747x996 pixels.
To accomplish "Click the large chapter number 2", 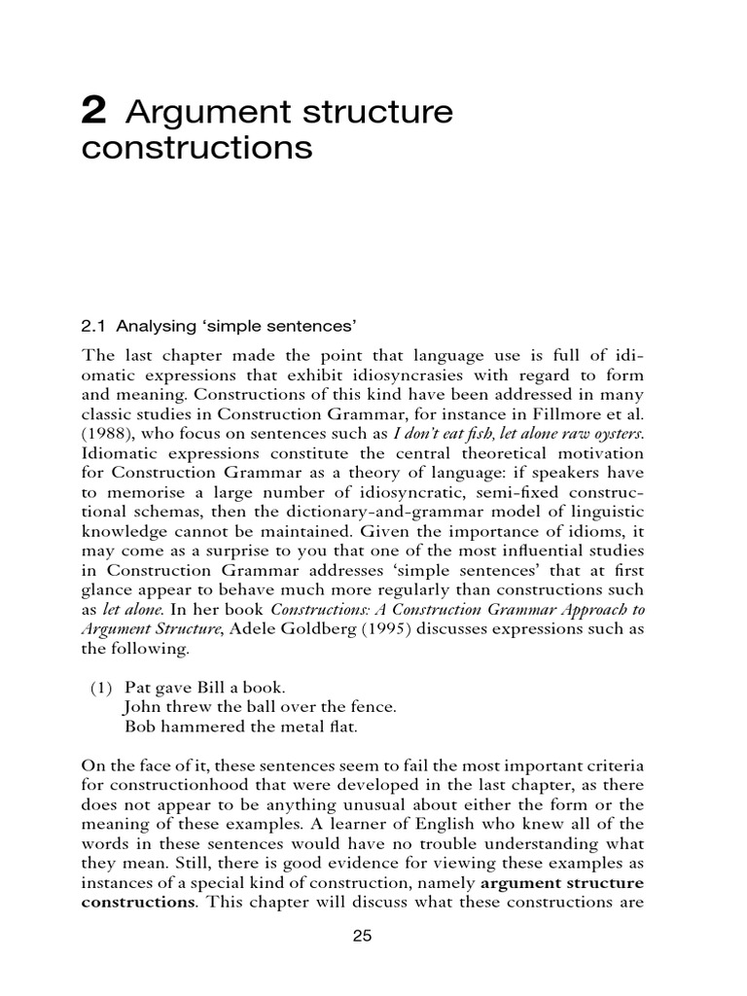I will point(93,113).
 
